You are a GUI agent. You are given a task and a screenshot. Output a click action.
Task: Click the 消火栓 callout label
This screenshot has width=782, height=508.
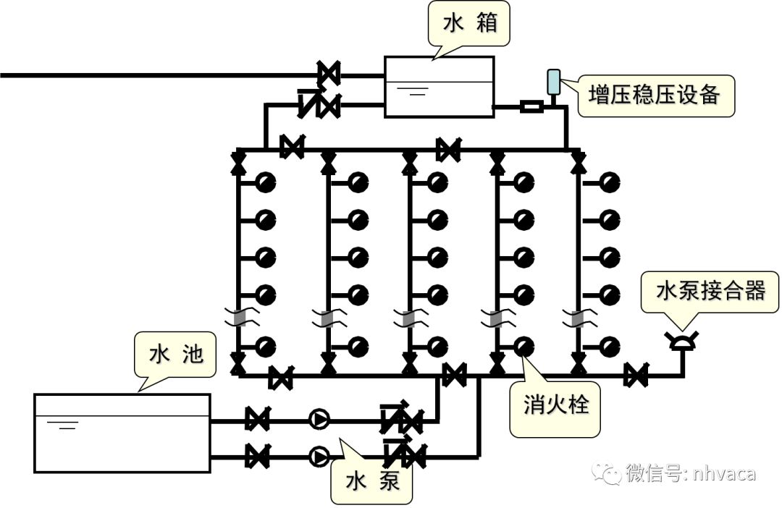tap(555, 405)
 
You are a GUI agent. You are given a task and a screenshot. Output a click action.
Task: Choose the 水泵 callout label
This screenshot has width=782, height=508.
tap(372, 481)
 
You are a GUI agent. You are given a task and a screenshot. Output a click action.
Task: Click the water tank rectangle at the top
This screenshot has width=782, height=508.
tap(439, 87)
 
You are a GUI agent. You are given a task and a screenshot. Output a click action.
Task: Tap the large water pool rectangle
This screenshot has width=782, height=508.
tap(122, 433)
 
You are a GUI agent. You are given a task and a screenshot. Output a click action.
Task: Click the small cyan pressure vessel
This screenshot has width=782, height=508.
tap(555, 82)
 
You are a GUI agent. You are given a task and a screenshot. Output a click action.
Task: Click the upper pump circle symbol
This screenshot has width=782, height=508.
tap(319, 418)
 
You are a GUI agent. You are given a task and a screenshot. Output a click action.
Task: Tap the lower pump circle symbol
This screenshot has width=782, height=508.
tap(319, 456)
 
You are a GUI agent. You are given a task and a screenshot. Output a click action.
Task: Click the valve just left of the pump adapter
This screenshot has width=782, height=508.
tap(636, 376)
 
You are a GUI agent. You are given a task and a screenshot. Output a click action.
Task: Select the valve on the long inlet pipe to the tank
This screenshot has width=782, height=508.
tap(329, 74)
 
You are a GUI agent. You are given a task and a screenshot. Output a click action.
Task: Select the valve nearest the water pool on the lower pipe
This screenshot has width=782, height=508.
tap(256, 456)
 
